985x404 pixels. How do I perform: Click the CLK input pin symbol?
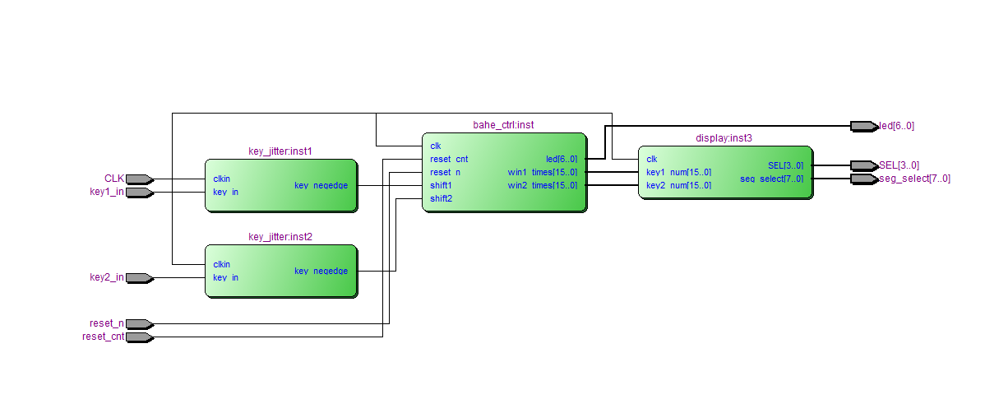(140, 179)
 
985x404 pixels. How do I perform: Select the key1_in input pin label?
(107, 192)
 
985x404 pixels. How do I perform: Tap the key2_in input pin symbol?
(140, 278)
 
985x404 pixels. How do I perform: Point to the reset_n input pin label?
(107, 323)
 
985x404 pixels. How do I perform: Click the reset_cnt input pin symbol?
(140, 337)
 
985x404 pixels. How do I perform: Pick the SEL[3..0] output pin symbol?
(864, 166)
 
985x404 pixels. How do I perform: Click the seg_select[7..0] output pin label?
(914, 179)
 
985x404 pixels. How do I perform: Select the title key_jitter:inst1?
(280, 151)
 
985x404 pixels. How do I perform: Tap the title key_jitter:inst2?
(280, 237)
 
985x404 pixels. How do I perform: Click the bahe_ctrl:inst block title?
(503, 125)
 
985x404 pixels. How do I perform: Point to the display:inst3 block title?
(724, 138)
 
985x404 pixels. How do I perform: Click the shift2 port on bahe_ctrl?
(441, 198)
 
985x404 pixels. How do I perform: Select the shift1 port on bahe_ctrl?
(441, 185)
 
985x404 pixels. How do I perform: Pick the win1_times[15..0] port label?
(542, 172)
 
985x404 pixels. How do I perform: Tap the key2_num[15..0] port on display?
(678, 185)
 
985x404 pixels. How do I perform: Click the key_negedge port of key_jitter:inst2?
(321, 271)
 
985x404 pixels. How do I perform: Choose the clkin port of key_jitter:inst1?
(222, 179)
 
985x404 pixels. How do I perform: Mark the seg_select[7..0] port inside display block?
(771, 179)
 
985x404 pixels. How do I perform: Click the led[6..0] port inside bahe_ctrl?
(562, 159)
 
